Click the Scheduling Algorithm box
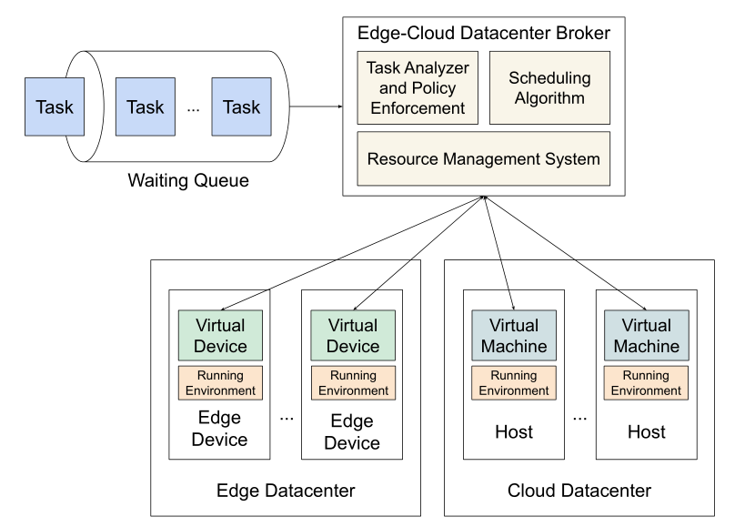click(549, 87)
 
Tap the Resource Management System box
click(483, 158)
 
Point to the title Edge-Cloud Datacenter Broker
click(483, 35)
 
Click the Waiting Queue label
click(189, 180)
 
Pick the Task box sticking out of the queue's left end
click(54, 106)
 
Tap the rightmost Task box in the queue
click(241, 106)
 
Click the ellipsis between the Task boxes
click(193, 108)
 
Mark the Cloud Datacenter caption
click(579, 491)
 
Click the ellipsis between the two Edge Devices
click(287, 418)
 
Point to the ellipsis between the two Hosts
click(580, 418)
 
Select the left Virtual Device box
click(220, 335)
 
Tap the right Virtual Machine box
click(646, 335)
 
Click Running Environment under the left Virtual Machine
click(514, 382)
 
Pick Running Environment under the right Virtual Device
click(352, 382)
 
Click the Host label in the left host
click(514, 431)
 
